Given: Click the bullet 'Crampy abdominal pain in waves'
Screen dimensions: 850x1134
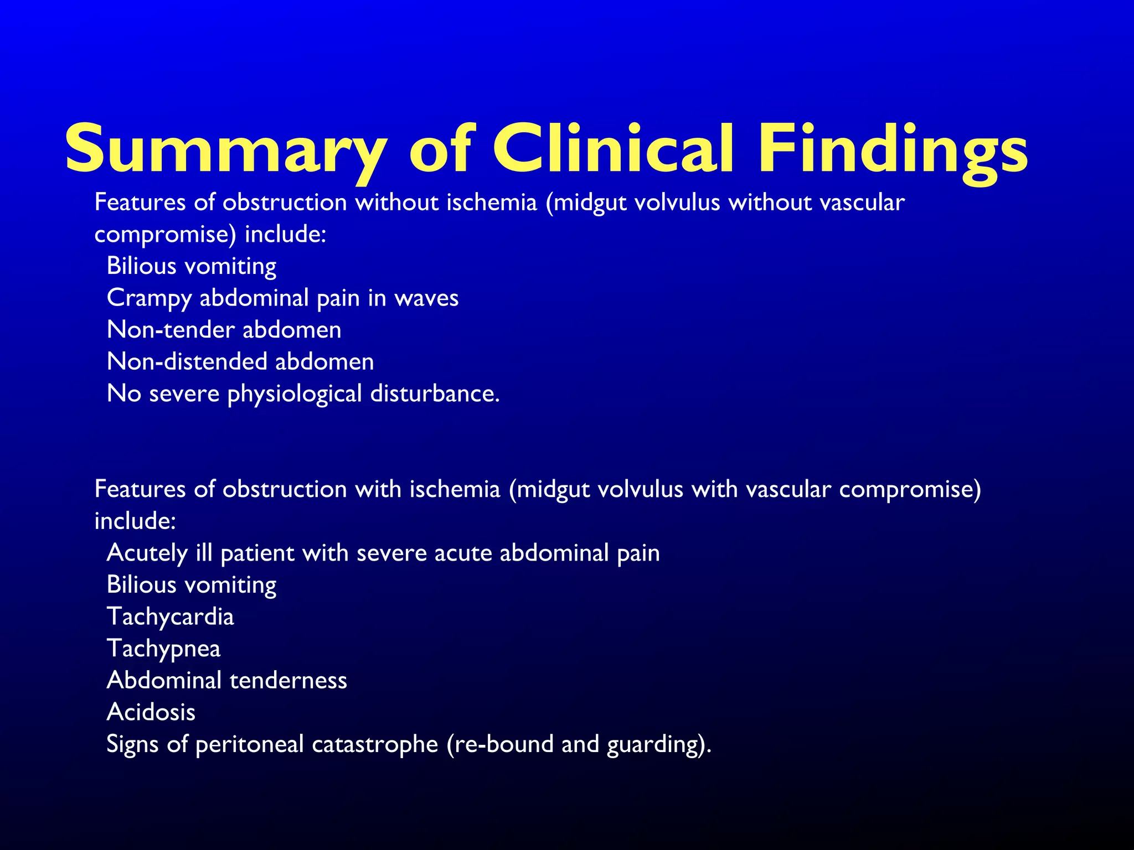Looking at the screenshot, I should click(282, 298).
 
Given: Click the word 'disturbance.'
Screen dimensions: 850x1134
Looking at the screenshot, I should click(435, 393).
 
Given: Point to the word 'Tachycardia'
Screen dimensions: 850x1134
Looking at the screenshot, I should click(171, 616).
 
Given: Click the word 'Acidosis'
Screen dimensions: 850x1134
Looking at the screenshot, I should click(151, 712).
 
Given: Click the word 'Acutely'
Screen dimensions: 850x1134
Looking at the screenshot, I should click(147, 553).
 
